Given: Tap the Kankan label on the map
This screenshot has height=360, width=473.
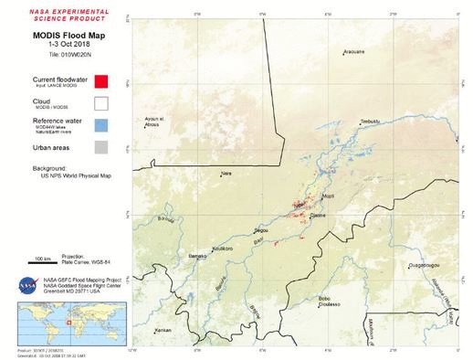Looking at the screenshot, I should tap(163, 329).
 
